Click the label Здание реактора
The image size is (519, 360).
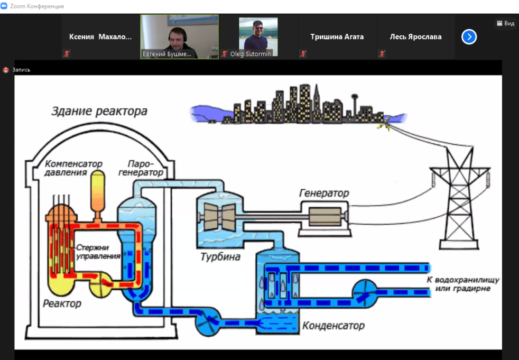(99, 112)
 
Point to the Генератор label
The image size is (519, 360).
(323, 193)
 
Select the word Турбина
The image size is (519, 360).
(220, 257)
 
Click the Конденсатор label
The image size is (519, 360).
(333, 325)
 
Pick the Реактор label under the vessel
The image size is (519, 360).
(62, 303)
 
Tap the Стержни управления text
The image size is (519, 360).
(98, 251)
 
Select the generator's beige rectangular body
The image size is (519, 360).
(326, 217)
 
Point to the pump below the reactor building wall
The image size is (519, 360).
(208, 321)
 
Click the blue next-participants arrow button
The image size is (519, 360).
(469, 36)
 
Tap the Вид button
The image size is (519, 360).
(505, 23)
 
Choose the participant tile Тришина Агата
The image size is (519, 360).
(337, 36)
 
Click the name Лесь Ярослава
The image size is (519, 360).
(415, 36)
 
